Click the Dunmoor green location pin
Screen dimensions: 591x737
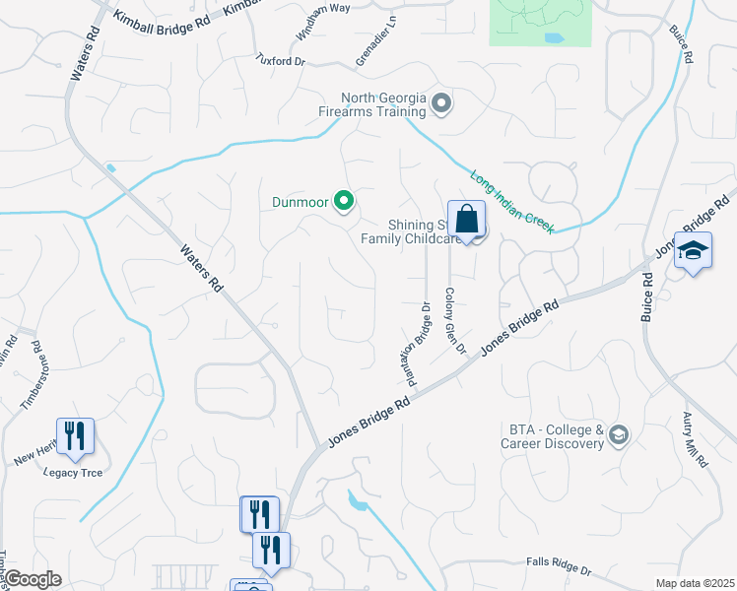pos(344,202)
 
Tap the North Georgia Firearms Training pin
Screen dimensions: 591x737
pos(442,103)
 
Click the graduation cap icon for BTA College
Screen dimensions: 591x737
pos(619,435)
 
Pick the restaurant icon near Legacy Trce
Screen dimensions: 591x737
pos(75,436)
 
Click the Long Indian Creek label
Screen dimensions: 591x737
pos(510,199)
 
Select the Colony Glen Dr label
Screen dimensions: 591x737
pos(453,320)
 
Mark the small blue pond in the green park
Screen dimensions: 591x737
pos(555,39)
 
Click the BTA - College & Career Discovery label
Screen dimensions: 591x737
pos(556,436)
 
